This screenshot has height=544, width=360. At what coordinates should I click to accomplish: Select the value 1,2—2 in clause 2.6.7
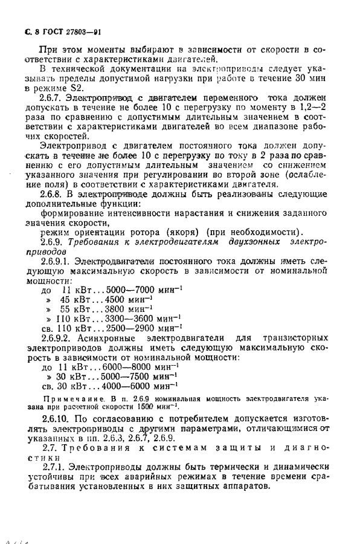point(313,106)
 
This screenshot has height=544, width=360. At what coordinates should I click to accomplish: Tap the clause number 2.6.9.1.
point(56,262)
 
